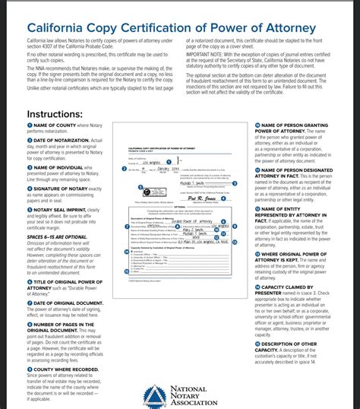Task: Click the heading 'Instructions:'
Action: click(x=54, y=113)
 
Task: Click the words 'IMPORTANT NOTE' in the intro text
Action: click(x=201, y=55)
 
